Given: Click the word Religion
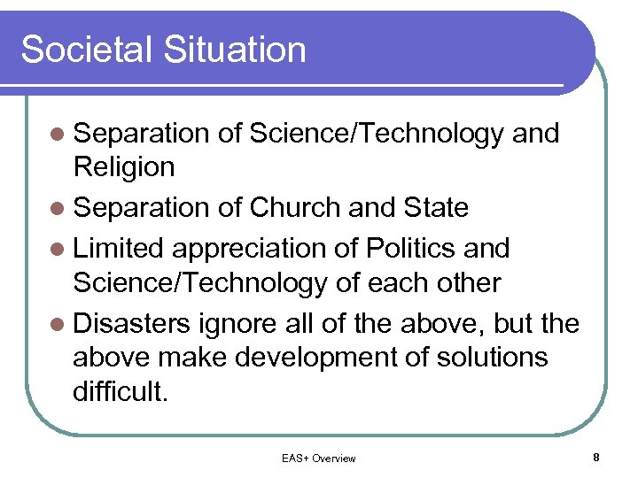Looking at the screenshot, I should pyautogui.click(x=124, y=167).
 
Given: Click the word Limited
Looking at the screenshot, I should pyautogui.click(x=113, y=248).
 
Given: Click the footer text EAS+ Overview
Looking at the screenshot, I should pyautogui.click(x=318, y=459).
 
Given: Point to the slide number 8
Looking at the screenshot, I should pyautogui.click(x=596, y=458).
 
